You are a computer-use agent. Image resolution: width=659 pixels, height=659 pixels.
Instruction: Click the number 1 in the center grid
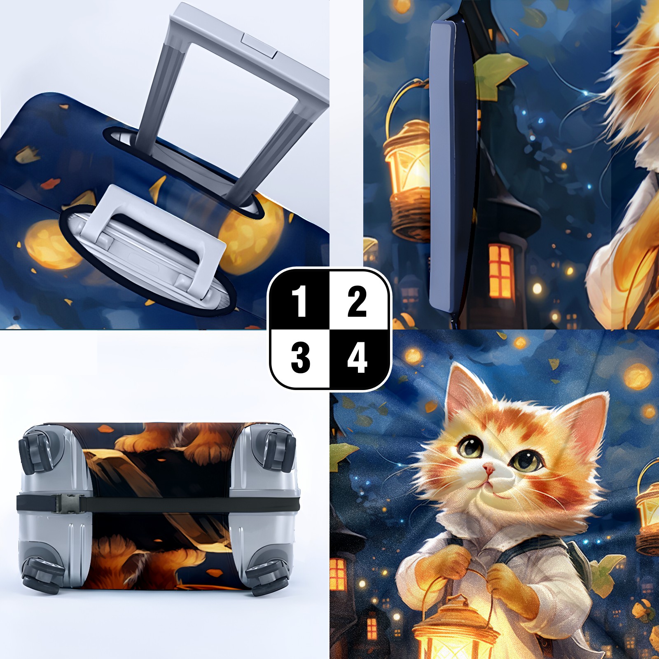pyautogui.click(x=299, y=301)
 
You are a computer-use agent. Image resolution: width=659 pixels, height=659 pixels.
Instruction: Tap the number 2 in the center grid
pyautogui.click(x=357, y=301)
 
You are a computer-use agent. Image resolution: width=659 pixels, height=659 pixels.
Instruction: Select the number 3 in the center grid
pyautogui.click(x=300, y=358)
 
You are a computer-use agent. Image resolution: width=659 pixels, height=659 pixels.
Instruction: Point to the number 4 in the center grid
pyautogui.click(x=357, y=358)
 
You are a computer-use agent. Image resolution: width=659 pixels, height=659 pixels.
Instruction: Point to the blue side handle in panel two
pyautogui.click(x=443, y=165)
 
